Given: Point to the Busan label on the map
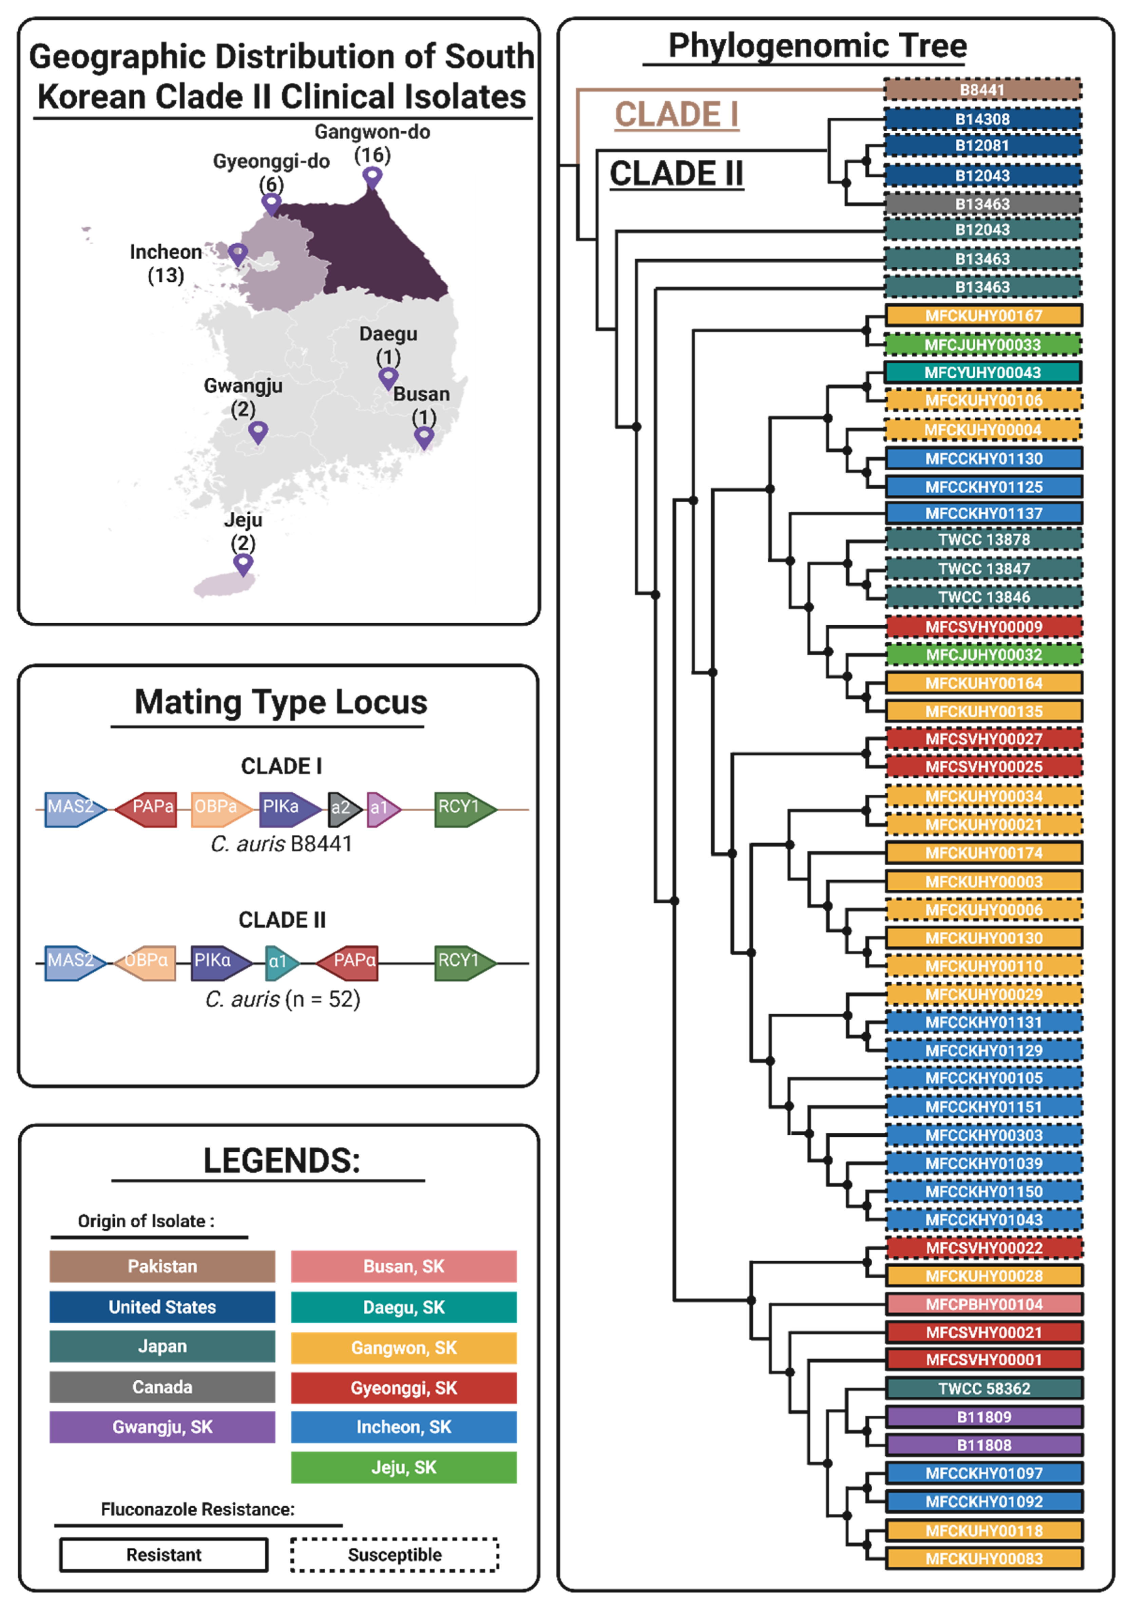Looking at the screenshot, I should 421,394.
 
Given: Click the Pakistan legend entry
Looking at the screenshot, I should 162,1266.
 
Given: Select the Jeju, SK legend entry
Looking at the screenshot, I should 403,1467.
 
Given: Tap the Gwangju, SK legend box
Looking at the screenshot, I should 162,1426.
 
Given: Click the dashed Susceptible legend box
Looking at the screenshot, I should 395,1554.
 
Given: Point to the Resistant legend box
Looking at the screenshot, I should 164,1554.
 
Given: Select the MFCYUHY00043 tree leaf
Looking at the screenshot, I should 982,372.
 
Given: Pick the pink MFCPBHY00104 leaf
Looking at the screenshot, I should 984,1304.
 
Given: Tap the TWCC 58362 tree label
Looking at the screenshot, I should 984,1388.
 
